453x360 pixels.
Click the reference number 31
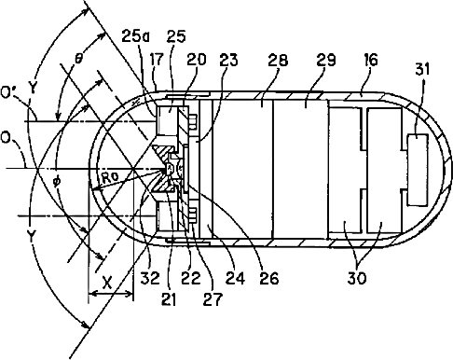[422, 69]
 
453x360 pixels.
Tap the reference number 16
[370, 60]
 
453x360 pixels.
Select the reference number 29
[326, 60]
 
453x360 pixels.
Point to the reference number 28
[278, 60]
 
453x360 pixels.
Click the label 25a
[135, 35]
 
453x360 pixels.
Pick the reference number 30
[357, 278]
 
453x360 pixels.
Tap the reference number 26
[269, 278]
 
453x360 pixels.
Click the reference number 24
[235, 278]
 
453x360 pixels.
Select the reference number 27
[213, 299]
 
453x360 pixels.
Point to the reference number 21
[169, 299]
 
